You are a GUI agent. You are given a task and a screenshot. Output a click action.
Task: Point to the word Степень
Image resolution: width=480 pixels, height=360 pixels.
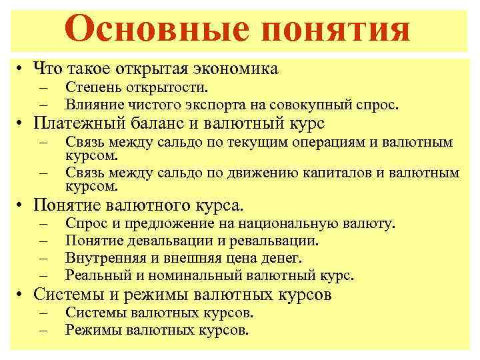91,87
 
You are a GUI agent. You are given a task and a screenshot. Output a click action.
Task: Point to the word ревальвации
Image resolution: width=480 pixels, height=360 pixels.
281,241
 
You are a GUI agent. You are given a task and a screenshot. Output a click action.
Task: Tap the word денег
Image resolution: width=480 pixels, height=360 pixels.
283,257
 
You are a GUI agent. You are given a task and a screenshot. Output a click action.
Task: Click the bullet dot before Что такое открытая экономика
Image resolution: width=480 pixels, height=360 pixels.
22,69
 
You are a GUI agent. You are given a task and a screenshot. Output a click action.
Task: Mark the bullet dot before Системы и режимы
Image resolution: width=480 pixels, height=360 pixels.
22,294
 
